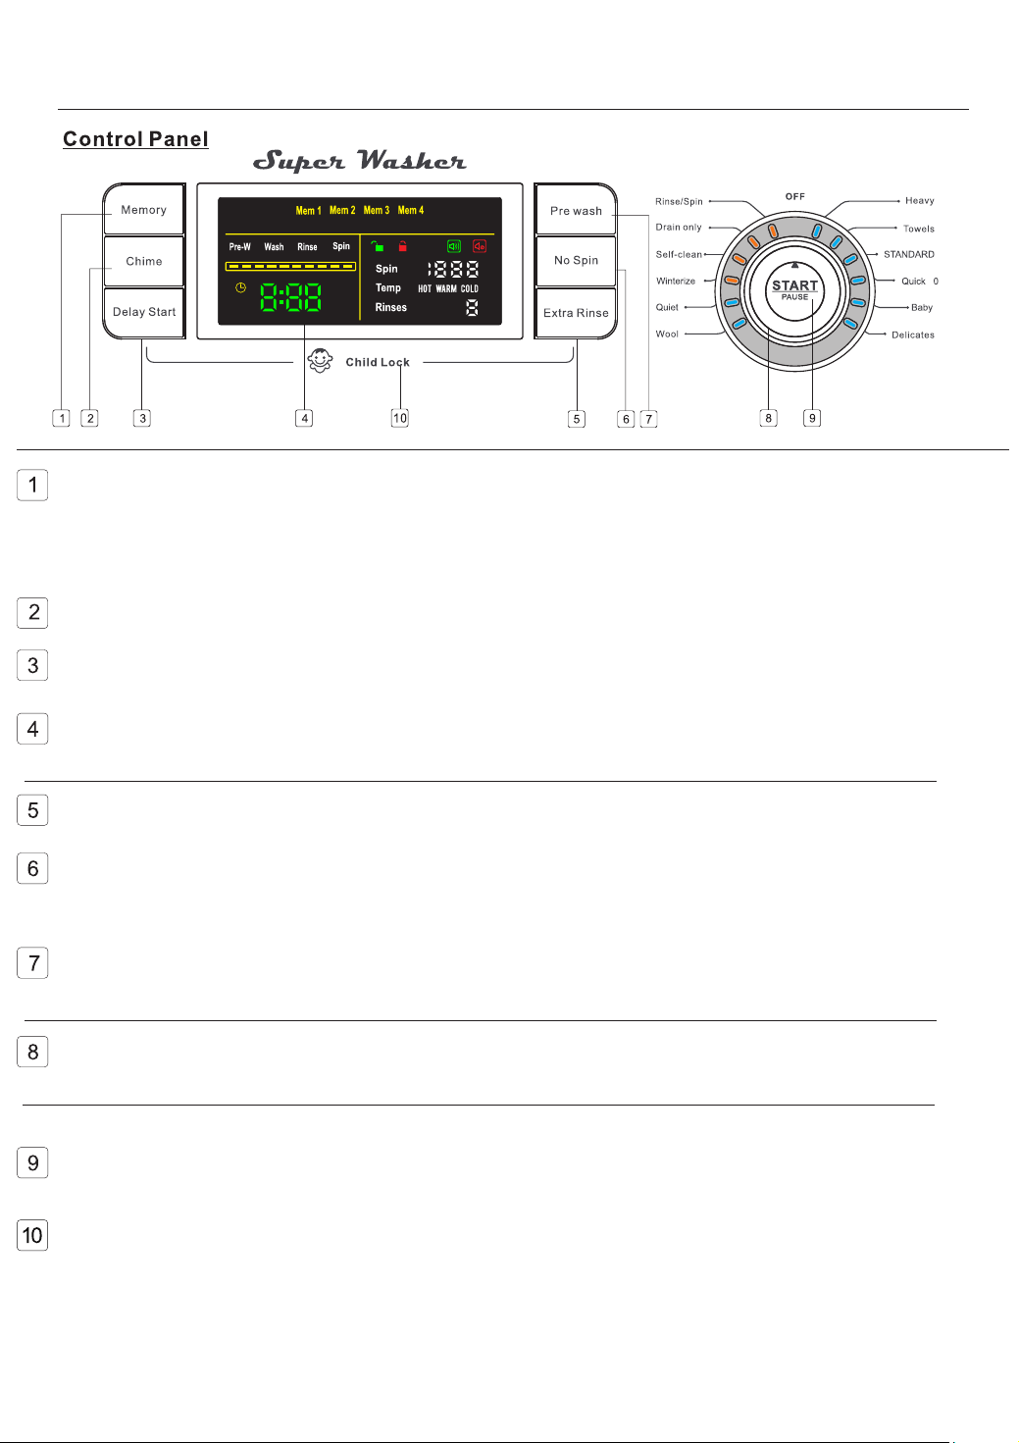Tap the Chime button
(x=143, y=261)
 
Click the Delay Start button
(x=143, y=312)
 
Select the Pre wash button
(x=576, y=210)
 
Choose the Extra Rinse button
(x=576, y=312)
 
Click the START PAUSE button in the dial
(x=794, y=290)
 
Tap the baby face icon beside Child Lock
(x=320, y=360)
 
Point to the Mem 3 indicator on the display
(x=377, y=210)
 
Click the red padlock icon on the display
(x=402, y=246)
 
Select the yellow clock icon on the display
(x=240, y=287)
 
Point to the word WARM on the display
(x=445, y=288)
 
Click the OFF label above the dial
(x=794, y=196)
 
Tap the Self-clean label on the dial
(x=679, y=254)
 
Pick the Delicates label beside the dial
(x=913, y=335)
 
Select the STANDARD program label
(x=909, y=254)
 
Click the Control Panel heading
(x=135, y=139)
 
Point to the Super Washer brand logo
(x=359, y=161)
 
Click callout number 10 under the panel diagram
(x=400, y=418)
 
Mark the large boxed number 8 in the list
(x=32, y=1052)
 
